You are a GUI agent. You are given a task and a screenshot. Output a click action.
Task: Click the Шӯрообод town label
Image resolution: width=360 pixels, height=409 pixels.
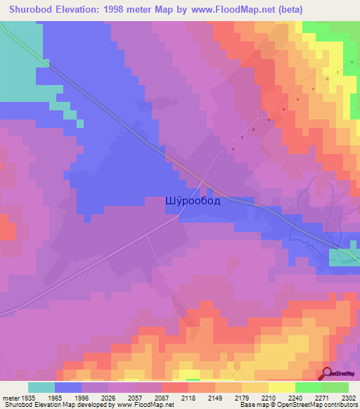coord(193,200)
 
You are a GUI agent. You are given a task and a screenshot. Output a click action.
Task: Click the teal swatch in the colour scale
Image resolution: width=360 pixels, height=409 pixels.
coord(41,387)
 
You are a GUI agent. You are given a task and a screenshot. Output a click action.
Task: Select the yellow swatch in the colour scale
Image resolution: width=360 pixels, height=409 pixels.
coord(281,387)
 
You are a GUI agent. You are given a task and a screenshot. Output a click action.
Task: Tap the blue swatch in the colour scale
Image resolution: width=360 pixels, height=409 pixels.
coord(68,387)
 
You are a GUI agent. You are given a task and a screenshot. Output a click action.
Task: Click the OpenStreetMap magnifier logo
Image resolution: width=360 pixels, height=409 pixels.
coord(328,373)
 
